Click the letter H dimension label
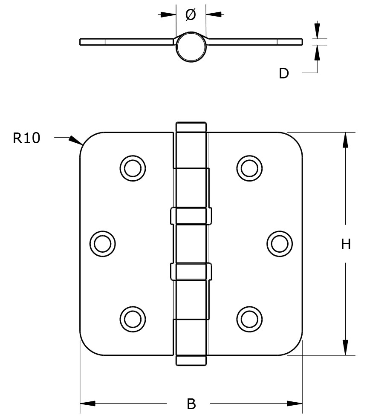coord(346,244)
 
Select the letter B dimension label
coord(191,404)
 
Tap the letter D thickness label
coord(284,73)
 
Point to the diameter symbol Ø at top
coord(191,15)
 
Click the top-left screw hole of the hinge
coord(132,168)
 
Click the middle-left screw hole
coord(102,243)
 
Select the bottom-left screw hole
coord(132,318)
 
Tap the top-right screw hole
coord(250,168)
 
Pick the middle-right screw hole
coord(280,243)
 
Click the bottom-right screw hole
coord(250,318)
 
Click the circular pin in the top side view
coord(191,47)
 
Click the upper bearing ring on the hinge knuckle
coord(191,216)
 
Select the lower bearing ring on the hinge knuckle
coord(191,271)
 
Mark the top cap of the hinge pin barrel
coord(191,127)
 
